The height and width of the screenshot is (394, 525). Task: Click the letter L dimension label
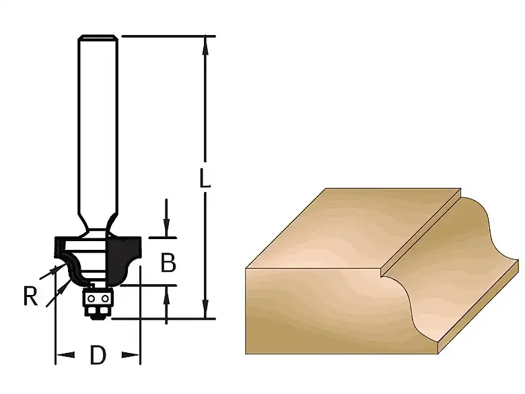[205, 178]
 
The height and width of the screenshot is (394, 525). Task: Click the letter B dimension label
[168, 263]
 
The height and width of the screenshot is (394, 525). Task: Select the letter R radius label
[30, 296]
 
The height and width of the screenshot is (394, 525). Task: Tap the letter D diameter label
[98, 355]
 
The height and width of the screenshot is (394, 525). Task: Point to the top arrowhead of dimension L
[205, 46]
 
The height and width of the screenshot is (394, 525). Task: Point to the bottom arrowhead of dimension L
[205, 308]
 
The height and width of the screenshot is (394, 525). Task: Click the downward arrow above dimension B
[166, 218]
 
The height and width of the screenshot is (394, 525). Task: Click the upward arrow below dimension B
[166, 305]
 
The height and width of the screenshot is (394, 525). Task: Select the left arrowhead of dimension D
[65, 354]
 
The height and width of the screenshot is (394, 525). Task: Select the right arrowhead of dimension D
[131, 354]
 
